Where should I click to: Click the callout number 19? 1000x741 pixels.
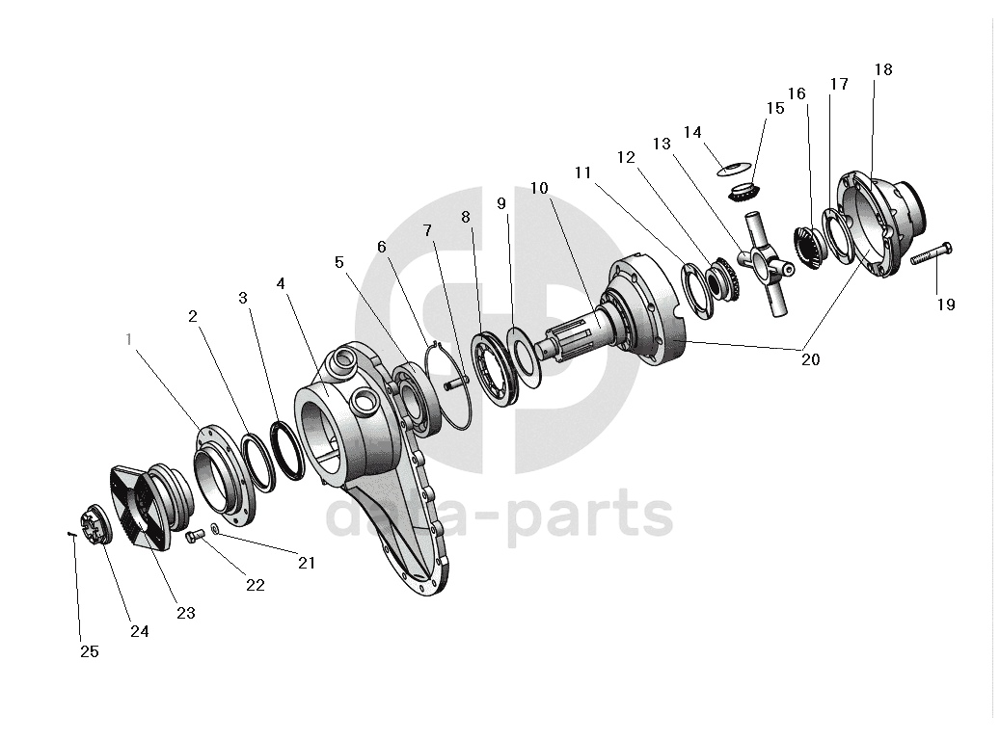pos(945,304)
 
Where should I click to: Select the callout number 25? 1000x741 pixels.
pos(89,651)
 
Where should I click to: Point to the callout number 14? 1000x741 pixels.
pos(692,132)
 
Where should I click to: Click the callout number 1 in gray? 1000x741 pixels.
pos(130,339)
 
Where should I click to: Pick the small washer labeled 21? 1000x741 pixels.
pos(215,528)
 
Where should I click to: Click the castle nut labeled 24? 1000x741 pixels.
pos(99,526)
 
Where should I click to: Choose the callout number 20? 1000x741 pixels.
pos(810,359)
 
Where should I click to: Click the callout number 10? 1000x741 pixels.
pos(538,187)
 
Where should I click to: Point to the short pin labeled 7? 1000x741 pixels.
pos(454,383)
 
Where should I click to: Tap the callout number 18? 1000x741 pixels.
pos(883,69)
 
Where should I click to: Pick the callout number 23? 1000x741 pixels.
pos(186,613)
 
